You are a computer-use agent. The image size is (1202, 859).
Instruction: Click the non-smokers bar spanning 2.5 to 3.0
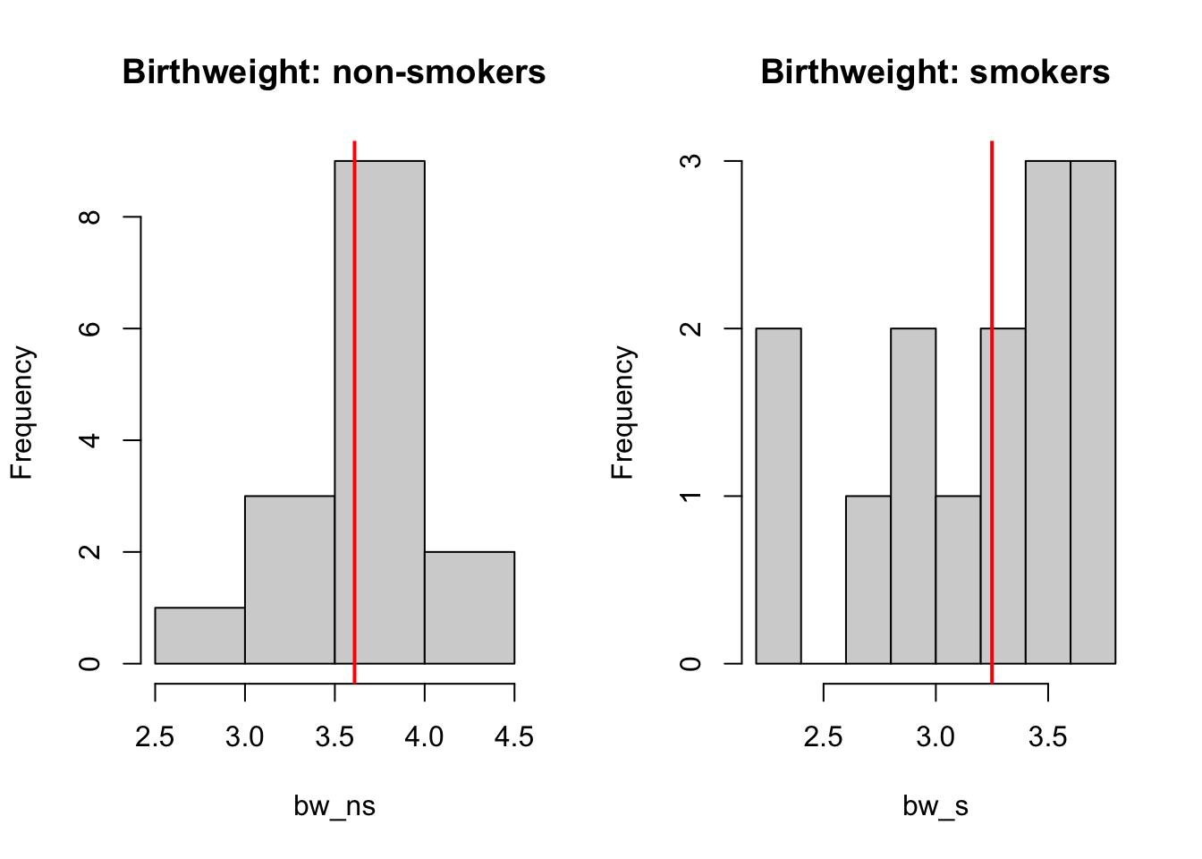tap(199, 636)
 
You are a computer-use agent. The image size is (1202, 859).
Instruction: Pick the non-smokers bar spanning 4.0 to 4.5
tap(470, 608)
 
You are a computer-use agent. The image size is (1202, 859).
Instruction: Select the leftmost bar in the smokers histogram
tap(778, 496)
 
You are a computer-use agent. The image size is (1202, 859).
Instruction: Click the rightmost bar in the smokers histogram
tap(1093, 412)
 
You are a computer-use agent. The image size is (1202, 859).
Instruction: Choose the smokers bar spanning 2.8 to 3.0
tap(913, 496)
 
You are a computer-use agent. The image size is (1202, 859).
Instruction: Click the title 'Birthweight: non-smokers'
tap(334, 72)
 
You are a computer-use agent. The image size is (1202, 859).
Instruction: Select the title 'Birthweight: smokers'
tap(935, 72)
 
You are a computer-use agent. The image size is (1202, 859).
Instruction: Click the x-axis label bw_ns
tap(334, 806)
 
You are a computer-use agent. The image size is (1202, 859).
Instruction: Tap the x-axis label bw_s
tap(935, 806)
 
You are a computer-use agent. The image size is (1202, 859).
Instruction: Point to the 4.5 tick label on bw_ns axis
tap(513, 737)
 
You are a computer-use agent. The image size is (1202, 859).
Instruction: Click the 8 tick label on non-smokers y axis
tap(90, 217)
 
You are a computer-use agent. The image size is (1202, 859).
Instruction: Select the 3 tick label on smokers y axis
tap(691, 161)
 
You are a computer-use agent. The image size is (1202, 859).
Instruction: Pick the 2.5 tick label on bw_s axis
tap(823, 737)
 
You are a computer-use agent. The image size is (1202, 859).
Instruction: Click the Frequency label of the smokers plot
tap(622, 412)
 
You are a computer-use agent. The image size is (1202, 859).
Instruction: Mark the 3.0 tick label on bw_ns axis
tap(244, 737)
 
